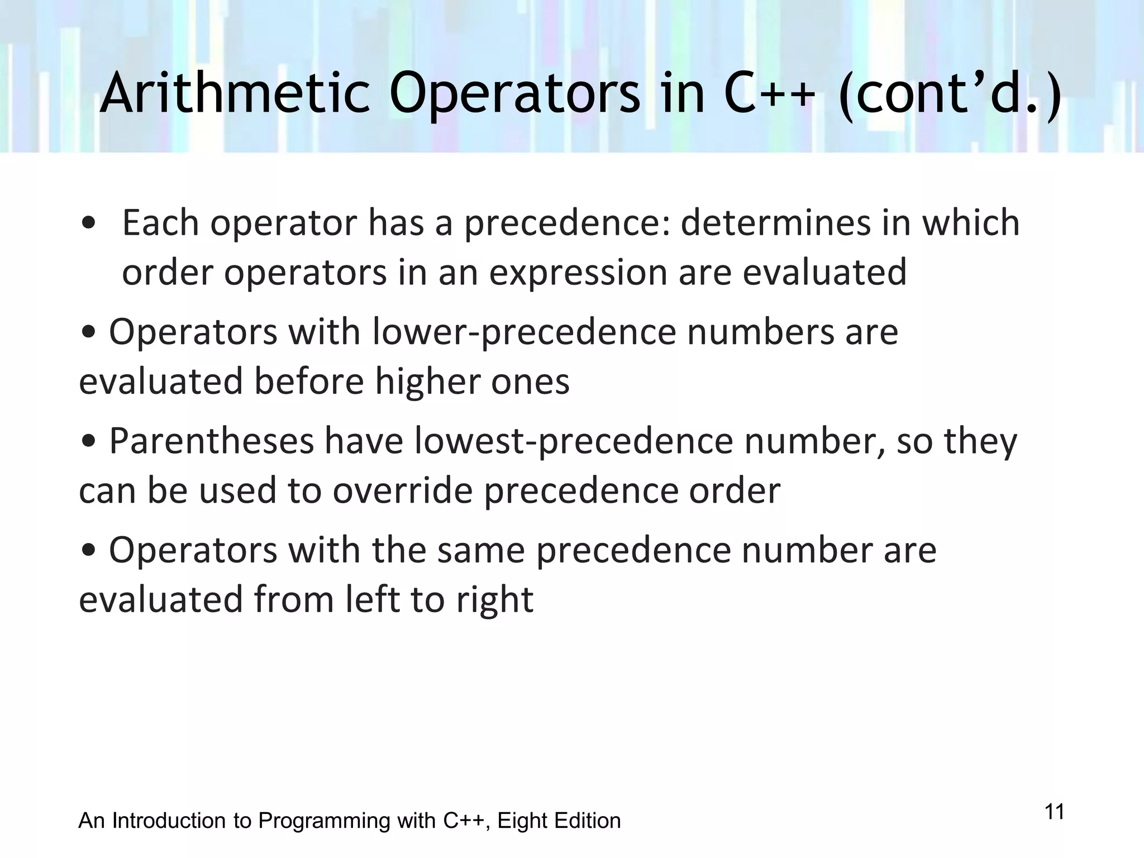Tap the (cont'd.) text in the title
tap(950, 95)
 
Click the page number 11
tap(1054, 812)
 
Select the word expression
tap(578, 273)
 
